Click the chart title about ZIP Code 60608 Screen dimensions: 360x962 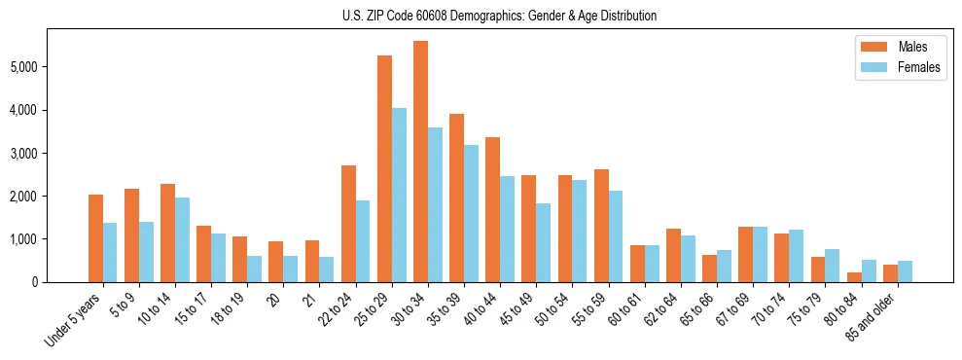499,16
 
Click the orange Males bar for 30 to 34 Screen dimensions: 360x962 420,162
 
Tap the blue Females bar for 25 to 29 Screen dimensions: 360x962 399,195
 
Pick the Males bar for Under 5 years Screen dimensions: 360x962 95,238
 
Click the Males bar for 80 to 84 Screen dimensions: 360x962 854,277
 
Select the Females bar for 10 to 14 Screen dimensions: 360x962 182,239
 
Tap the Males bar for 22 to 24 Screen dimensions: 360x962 348,224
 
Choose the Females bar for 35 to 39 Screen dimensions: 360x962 471,213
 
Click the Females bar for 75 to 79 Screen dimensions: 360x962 833,266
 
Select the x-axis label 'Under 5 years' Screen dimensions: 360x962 74,322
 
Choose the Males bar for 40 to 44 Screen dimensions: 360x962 492,209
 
